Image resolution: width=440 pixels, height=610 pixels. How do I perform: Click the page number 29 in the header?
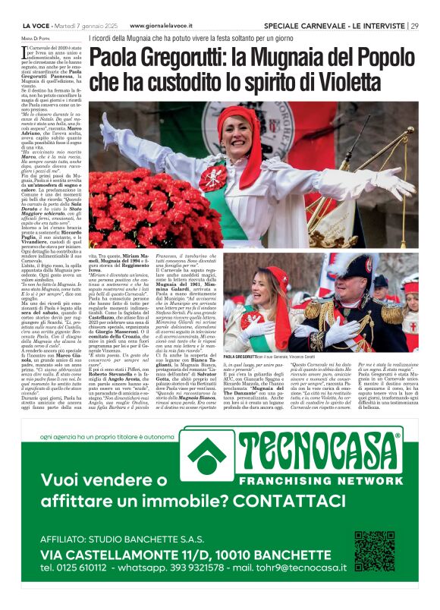(x=413, y=26)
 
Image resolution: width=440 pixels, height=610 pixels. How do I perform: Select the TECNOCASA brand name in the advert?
(x=319, y=451)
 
